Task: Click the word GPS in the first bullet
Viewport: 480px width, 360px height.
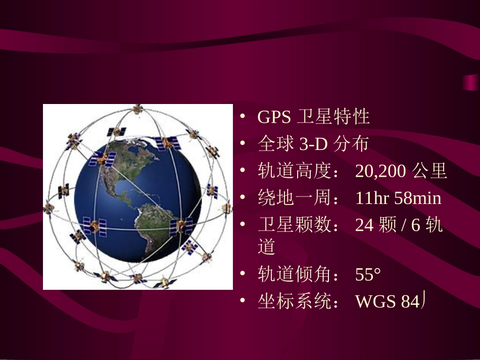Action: coord(274,117)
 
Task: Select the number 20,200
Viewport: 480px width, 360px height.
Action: coord(380,172)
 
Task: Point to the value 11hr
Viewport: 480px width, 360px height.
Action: coord(372,198)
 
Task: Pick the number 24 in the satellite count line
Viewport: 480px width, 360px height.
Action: coord(364,225)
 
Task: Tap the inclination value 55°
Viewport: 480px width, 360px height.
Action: coord(368,275)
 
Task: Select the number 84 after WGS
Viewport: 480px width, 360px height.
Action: coord(409,302)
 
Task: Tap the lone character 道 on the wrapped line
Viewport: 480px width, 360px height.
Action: coord(267,247)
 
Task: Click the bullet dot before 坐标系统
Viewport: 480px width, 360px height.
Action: coord(243,301)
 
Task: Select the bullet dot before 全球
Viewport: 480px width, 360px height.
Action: coord(243,144)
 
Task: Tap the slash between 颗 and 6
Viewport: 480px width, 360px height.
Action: coord(404,225)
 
